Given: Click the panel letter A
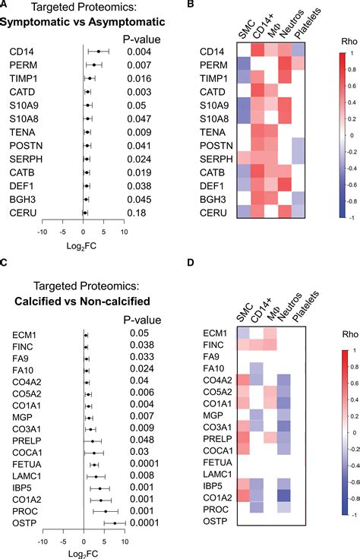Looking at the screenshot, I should point(5,6).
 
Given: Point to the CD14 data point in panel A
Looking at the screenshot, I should point(98,51).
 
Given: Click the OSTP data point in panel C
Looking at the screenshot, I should point(115,523).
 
